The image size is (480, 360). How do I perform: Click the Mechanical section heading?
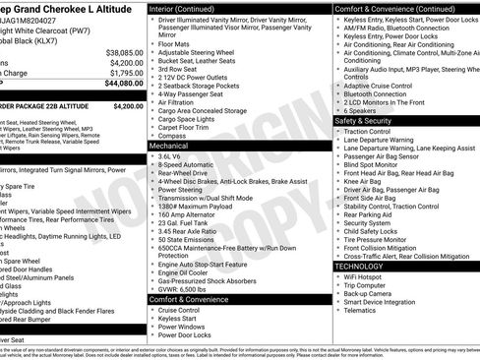point(169,145)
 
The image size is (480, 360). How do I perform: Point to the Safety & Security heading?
point(370,120)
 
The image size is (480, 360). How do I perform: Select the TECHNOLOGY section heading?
point(360,267)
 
